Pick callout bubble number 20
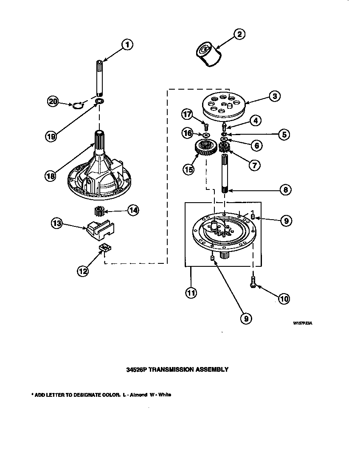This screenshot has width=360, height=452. click(53, 101)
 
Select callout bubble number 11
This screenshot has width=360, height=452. click(191, 293)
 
